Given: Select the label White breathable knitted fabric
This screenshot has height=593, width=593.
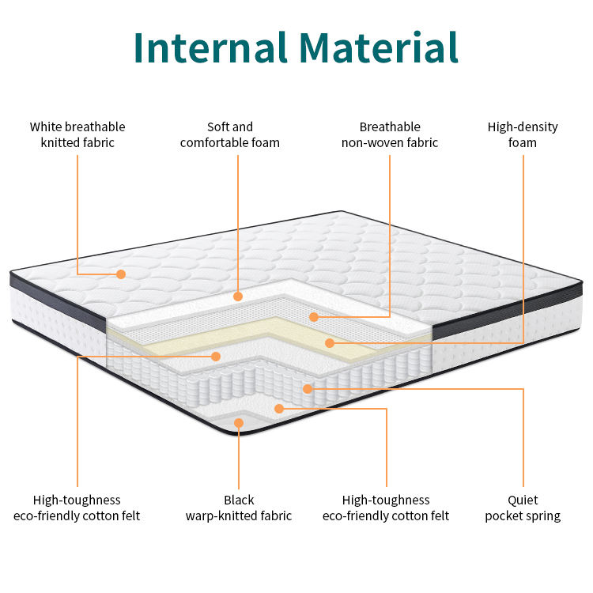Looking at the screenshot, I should tap(77, 134).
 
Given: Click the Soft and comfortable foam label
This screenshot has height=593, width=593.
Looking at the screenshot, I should tap(230, 134).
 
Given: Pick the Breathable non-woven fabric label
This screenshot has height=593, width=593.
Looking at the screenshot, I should tap(390, 134).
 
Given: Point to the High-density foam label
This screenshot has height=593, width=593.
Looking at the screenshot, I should tap(523, 134).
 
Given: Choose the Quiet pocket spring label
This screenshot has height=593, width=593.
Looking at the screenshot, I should tap(523, 508).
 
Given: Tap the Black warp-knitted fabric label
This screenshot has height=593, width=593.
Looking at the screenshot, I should tap(239, 508).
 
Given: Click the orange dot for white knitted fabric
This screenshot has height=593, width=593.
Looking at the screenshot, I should tap(121, 274).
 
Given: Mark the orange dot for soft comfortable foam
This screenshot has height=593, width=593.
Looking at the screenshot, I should tap(238, 296).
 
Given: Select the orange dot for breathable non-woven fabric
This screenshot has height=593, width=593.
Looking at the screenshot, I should tap(314, 317).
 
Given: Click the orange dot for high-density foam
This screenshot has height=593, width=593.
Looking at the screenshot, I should tap(330, 343).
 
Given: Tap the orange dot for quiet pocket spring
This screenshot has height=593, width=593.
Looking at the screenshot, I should tap(308, 388).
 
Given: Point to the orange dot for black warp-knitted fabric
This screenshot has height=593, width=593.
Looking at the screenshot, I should tap(239, 423).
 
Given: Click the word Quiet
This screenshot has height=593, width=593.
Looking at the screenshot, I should tap(523, 500).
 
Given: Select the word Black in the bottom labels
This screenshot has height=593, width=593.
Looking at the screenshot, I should tap(239, 500).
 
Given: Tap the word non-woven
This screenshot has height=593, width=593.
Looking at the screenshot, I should tap(372, 143).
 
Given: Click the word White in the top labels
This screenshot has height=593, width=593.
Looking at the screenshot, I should tap(47, 127).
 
